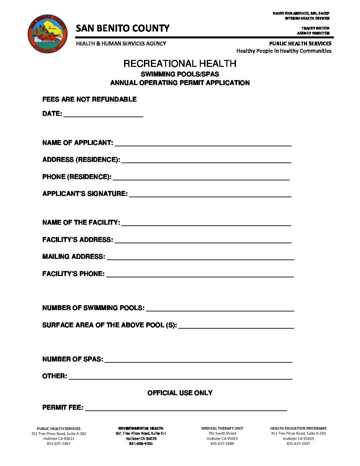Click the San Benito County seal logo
(x=47, y=33)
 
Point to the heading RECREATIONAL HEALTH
(x=180, y=64)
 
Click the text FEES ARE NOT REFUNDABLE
(x=89, y=99)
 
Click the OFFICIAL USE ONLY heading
(x=180, y=393)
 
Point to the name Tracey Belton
(x=315, y=28)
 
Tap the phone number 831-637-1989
(x=222, y=443)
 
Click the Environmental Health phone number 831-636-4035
(x=141, y=443)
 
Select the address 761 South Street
(x=222, y=433)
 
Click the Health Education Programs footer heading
(x=298, y=428)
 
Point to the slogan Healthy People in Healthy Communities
(x=284, y=51)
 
